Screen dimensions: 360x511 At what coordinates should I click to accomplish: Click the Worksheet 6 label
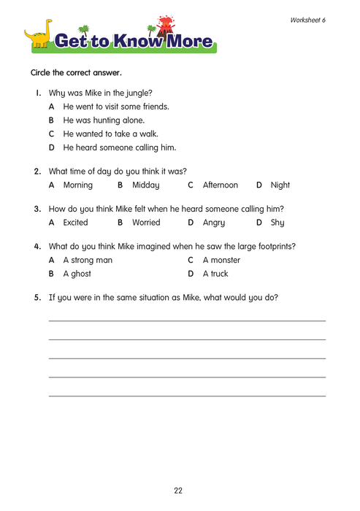click(307, 20)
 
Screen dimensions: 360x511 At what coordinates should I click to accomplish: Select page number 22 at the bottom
click(179, 490)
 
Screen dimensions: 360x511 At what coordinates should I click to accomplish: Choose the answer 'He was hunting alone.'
click(104, 120)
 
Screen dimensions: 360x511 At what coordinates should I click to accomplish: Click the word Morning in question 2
click(78, 186)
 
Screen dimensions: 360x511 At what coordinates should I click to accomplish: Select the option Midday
click(147, 186)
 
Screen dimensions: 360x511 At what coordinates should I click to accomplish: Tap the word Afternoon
click(221, 186)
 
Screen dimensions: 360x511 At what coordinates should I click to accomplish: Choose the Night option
click(280, 186)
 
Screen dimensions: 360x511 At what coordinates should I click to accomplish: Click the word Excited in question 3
click(77, 220)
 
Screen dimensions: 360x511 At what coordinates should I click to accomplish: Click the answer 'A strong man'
click(88, 260)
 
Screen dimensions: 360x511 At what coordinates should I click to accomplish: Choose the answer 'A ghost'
click(77, 274)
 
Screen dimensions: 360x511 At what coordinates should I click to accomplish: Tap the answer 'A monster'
click(221, 260)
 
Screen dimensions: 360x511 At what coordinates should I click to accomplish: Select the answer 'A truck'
click(215, 274)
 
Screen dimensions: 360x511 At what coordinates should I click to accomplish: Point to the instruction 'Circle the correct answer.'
click(76, 73)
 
